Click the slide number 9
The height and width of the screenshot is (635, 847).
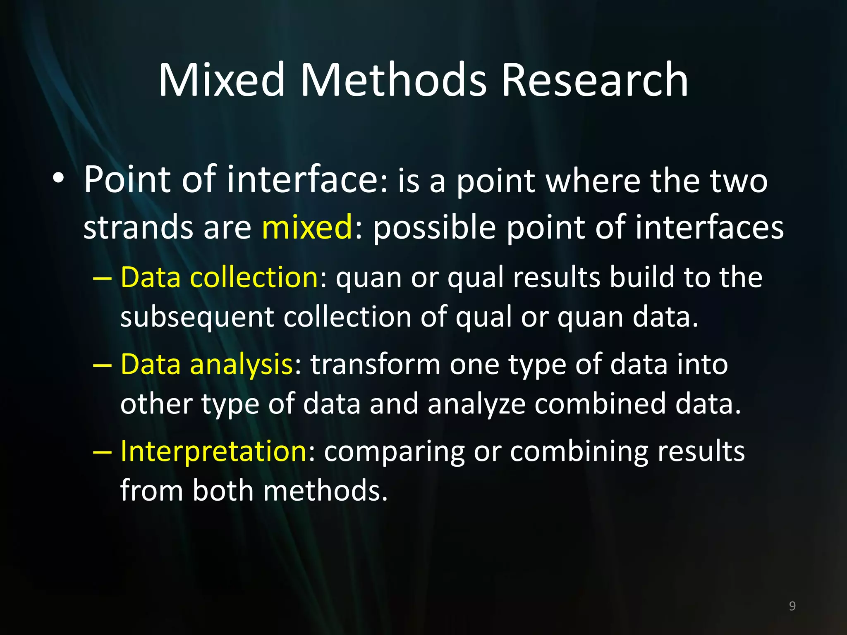(792, 606)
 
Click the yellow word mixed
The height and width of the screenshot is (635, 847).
(307, 227)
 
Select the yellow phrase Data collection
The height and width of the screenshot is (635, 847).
(219, 277)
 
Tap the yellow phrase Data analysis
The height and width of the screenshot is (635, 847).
(207, 365)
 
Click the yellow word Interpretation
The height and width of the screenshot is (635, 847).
(213, 451)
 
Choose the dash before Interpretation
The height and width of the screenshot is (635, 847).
(102, 452)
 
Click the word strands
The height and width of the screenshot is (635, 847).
(138, 227)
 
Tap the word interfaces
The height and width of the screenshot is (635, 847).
(709, 227)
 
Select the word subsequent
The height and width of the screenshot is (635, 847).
(197, 317)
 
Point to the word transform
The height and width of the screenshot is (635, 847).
(376, 365)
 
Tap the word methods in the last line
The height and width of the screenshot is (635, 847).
(325, 491)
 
